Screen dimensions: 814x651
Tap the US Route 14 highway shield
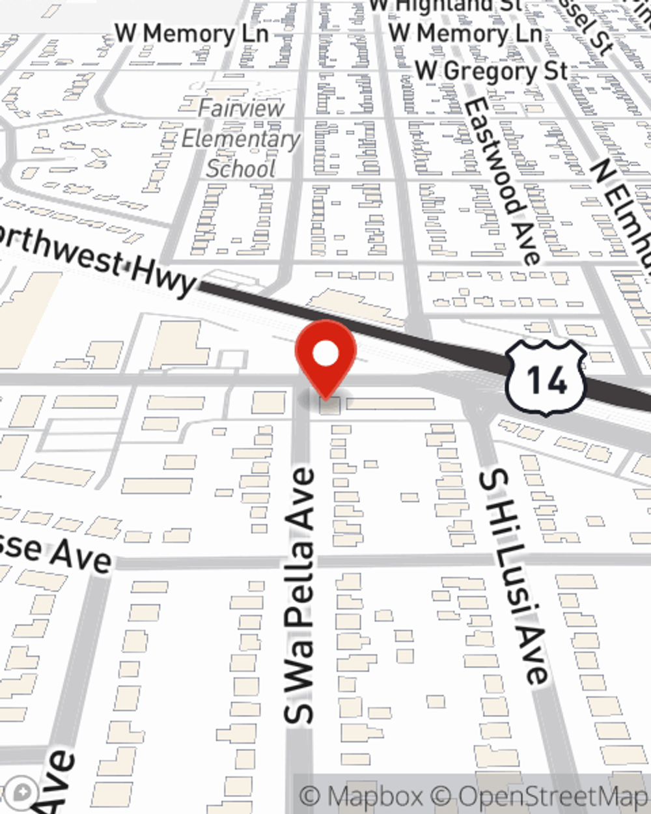[x=546, y=378]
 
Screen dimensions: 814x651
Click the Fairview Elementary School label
[x=241, y=138]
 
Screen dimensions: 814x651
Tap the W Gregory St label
[x=492, y=70]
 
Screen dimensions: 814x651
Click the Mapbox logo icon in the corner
[x=23, y=793]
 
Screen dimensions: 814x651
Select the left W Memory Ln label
[x=192, y=34]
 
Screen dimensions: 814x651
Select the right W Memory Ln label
[x=465, y=33]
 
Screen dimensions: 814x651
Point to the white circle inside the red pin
[x=325, y=354]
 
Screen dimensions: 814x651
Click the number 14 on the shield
[x=546, y=380]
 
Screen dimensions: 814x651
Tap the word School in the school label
[x=241, y=169]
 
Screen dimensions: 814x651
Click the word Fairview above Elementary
[x=242, y=107]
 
